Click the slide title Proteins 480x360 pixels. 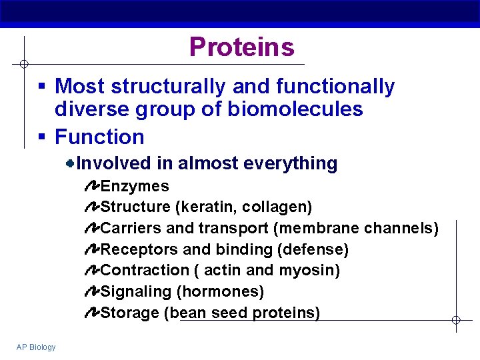click(x=241, y=47)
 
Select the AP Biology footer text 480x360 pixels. click(x=37, y=347)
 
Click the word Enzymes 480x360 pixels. click(x=135, y=186)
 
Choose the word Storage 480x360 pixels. click(x=129, y=313)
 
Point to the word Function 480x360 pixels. click(x=99, y=137)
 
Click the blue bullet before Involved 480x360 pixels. click(x=69, y=163)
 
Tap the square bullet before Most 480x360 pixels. click(x=41, y=87)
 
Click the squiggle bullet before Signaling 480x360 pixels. click(x=92, y=291)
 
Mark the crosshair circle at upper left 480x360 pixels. click(x=23, y=64)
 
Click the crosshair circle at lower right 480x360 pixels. click(x=456, y=320)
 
